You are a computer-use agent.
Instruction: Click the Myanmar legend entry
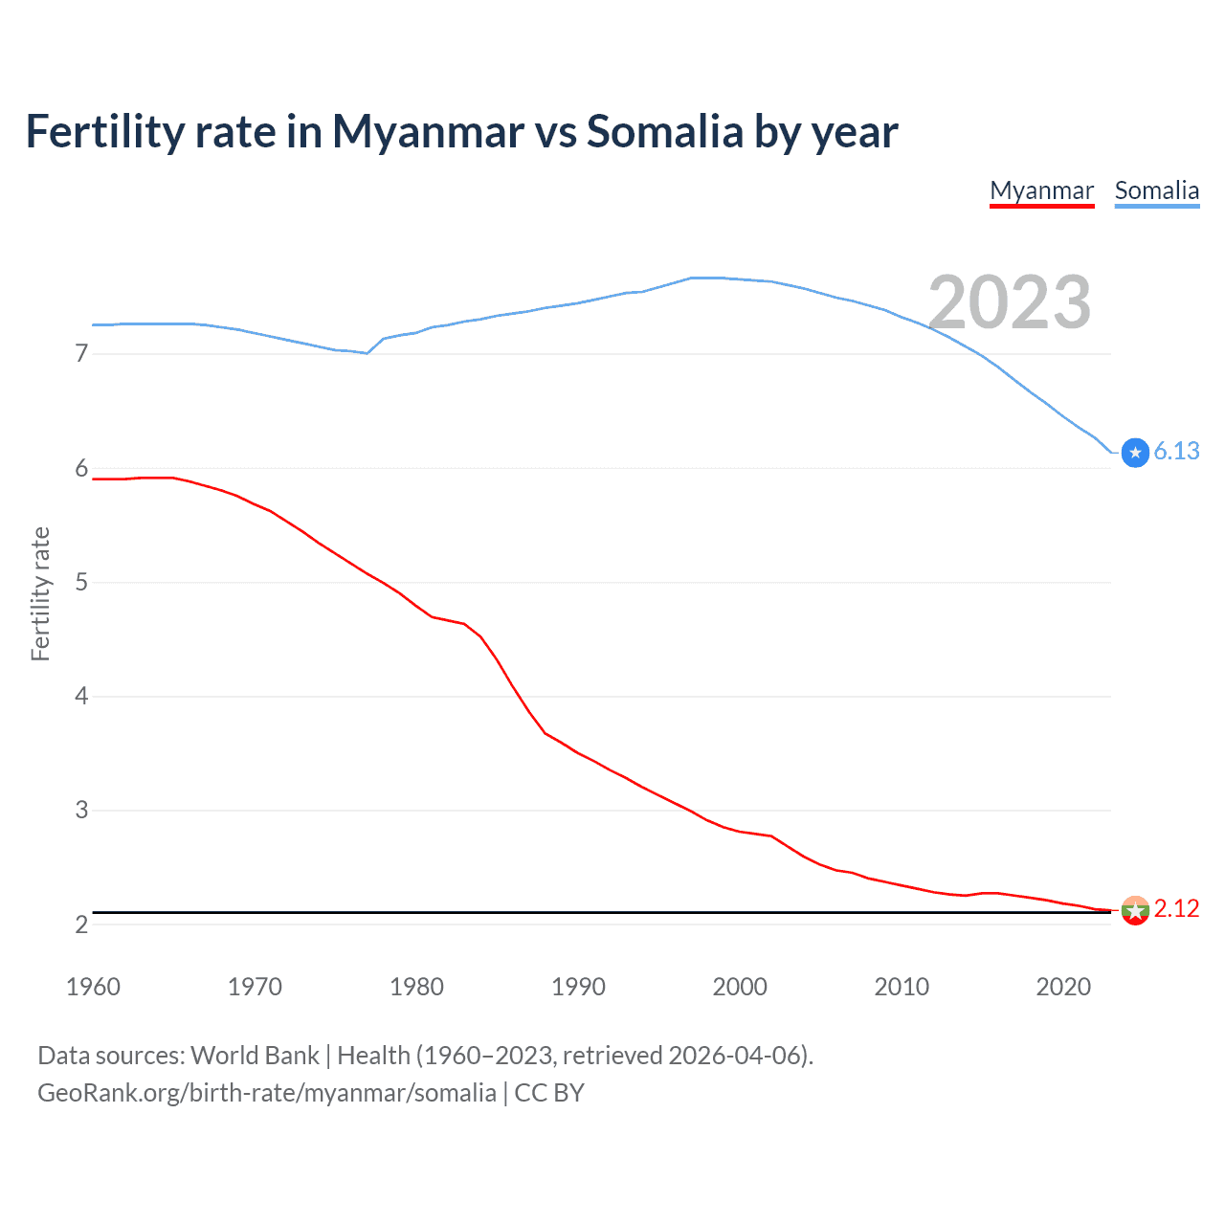point(1041,190)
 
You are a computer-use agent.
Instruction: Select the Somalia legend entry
point(1156,190)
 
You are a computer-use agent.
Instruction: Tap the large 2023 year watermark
point(1010,302)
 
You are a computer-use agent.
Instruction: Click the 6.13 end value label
point(1176,452)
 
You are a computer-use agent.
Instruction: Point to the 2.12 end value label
point(1176,908)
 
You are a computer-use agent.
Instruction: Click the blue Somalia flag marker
point(1135,453)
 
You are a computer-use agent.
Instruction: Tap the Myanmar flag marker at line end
point(1135,910)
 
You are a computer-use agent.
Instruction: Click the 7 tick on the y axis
point(81,354)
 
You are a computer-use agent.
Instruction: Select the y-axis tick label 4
point(81,696)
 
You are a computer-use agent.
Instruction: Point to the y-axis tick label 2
point(81,924)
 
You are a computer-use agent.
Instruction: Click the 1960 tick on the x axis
point(93,987)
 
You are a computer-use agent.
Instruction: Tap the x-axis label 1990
point(578,987)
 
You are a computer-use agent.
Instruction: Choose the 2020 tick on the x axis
point(1063,987)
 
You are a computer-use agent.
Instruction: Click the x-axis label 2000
point(740,987)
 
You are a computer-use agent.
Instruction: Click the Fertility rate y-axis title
point(40,593)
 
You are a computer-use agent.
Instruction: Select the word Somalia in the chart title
point(664,131)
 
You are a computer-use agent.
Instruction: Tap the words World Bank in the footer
point(255,1056)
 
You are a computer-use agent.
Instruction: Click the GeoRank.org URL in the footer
point(267,1093)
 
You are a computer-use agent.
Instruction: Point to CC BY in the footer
point(549,1093)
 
